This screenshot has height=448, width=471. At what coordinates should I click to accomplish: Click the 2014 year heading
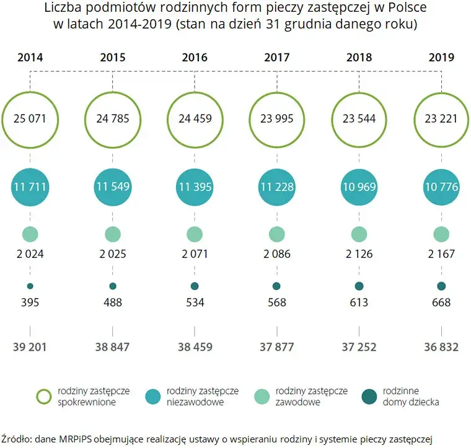[x=30, y=58]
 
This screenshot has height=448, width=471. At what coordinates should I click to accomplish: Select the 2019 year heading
[x=441, y=58]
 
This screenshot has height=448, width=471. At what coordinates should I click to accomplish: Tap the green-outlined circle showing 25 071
[x=30, y=92]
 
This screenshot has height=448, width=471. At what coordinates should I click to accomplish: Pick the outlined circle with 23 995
[x=276, y=92]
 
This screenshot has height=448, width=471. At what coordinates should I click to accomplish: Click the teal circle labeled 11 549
[x=113, y=187]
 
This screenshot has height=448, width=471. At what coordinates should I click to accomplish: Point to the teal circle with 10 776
[x=441, y=187]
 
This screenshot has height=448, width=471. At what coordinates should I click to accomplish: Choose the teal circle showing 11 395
[x=195, y=187]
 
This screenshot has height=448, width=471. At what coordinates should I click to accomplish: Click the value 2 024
[x=30, y=254]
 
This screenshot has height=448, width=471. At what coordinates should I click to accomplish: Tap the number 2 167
[x=441, y=254]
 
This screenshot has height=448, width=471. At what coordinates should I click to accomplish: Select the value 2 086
[x=277, y=254]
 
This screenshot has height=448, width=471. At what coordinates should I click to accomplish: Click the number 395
[x=30, y=302]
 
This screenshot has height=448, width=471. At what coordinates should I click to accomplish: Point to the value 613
[x=359, y=302]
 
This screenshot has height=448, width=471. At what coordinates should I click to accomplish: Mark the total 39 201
[x=30, y=347]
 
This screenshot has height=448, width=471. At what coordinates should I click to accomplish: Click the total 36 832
[x=441, y=347]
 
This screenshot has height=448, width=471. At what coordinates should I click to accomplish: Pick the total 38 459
[x=195, y=347]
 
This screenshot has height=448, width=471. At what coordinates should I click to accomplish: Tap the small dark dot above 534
[x=195, y=286]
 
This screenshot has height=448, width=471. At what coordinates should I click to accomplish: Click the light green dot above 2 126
[x=359, y=234]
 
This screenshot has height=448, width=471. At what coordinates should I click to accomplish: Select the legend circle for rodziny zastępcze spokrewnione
[x=44, y=390]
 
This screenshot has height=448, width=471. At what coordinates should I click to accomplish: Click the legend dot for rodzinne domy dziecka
[x=369, y=397]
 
